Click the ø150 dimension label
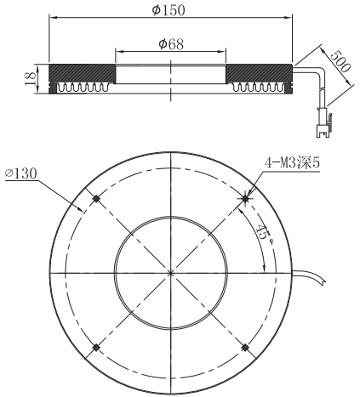[172, 10]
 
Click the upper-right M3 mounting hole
[246, 199]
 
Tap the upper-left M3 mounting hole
[97, 199]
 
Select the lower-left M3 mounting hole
[97, 347]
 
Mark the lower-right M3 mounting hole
[246, 347]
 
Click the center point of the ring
[172, 273]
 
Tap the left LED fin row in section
[83, 87]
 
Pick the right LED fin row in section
[260, 87]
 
